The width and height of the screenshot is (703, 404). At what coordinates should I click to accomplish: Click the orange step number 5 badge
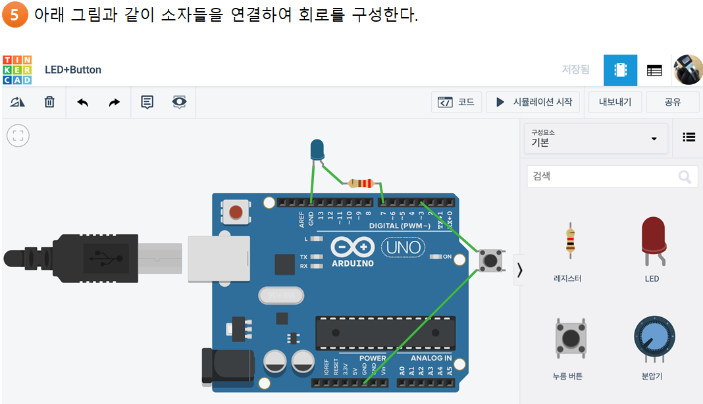coord(14,15)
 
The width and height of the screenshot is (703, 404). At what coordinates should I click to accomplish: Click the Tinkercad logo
coord(17,70)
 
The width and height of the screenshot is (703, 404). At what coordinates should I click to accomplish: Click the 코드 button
coord(457,102)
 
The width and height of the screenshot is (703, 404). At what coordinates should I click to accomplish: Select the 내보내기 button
coord(615,102)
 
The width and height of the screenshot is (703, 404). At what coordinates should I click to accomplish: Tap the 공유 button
coord(672,102)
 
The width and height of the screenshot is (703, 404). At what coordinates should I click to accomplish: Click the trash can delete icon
coord(49,102)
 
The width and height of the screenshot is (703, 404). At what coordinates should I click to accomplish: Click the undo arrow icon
coord(83,102)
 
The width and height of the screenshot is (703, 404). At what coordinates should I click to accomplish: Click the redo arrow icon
coord(115,102)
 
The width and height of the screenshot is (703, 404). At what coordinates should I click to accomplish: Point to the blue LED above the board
coord(317,150)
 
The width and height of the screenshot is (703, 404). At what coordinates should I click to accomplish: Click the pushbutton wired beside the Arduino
coord(490,260)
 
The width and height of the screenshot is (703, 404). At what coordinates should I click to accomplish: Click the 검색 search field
coord(602,176)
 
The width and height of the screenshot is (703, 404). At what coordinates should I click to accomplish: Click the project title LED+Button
coord(73,70)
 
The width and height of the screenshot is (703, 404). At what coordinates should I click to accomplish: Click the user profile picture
coord(688,70)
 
